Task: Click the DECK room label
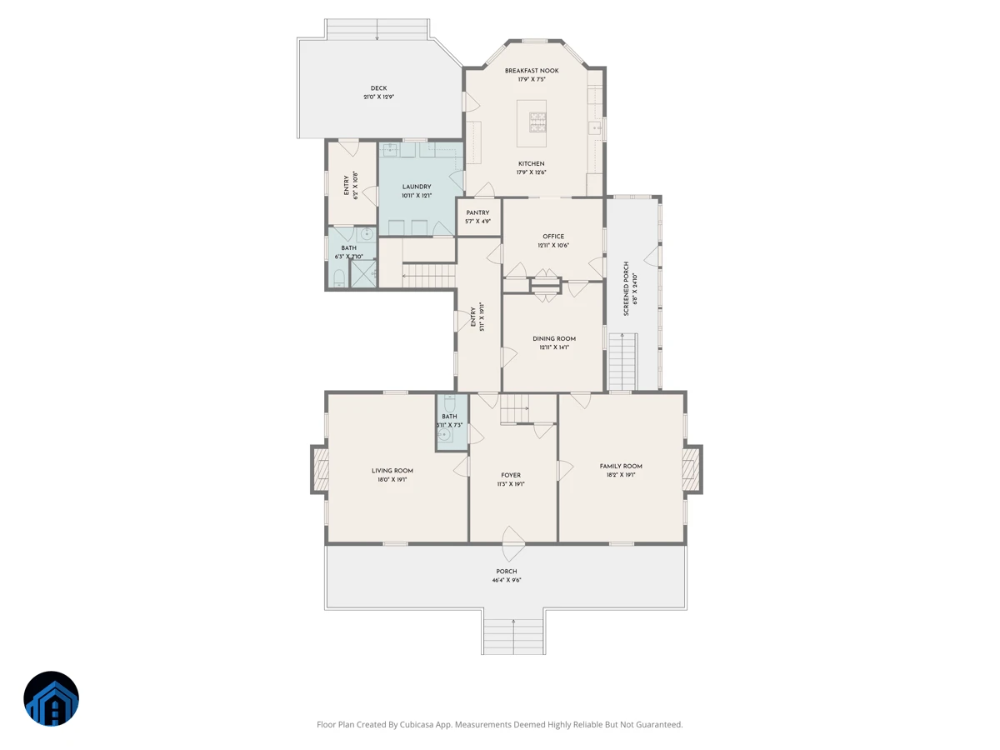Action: (x=378, y=88)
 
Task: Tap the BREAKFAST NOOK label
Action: (x=532, y=71)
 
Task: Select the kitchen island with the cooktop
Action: (x=531, y=123)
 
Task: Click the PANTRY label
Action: (x=477, y=212)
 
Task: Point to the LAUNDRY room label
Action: (x=417, y=187)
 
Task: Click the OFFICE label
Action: (x=553, y=237)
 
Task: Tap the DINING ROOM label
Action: (x=554, y=339)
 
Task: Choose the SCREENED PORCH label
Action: (x=626, y=288)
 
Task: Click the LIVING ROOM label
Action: (x=392, y=471)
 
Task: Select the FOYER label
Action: (x=511, y=475)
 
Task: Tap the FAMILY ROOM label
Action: (x=621, y=467)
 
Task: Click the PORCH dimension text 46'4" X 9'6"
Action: (x=507, y=580)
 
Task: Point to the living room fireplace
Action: (x=320, y=469)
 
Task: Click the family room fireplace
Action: (x=692, y=469)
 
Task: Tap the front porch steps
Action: (x=513, y=636)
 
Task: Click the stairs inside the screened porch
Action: (x=622, y=362)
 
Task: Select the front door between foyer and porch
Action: (x=513, y=543)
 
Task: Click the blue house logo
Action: (x=51, y=698)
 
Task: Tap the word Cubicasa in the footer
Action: (x=417, y=724)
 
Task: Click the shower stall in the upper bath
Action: (x=363, y=273)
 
